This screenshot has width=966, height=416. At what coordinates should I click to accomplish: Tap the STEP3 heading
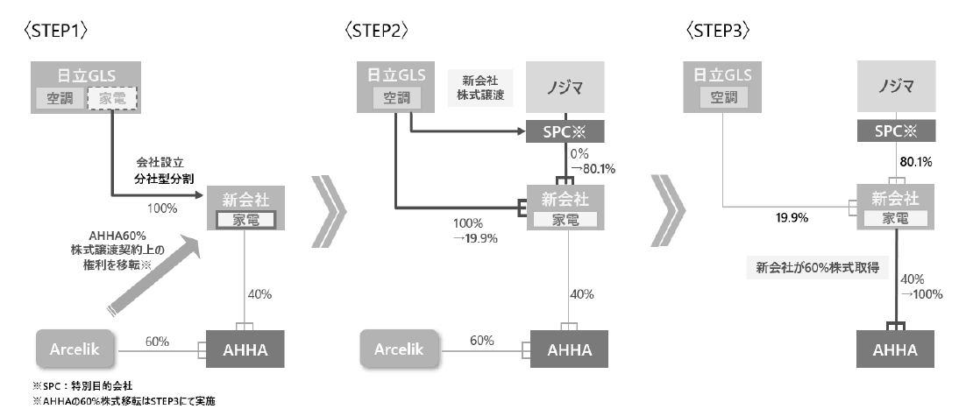pos(715,29)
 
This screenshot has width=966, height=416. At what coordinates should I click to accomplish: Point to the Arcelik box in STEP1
pos(75,349)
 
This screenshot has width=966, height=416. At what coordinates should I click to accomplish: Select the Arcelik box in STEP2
pos(399,349)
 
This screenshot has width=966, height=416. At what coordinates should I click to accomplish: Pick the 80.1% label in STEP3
pos(915,162)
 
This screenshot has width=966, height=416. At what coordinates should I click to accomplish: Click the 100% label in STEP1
pos(163,208)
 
